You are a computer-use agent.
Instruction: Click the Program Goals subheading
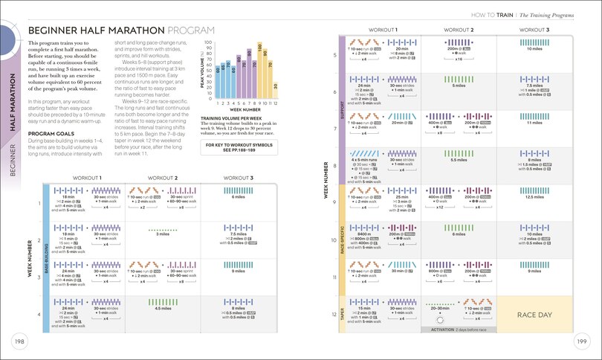(x=48, y=134)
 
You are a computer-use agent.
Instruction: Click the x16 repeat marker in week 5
(x=459, y=59)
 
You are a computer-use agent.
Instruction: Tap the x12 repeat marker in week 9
(x=440, y=207)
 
